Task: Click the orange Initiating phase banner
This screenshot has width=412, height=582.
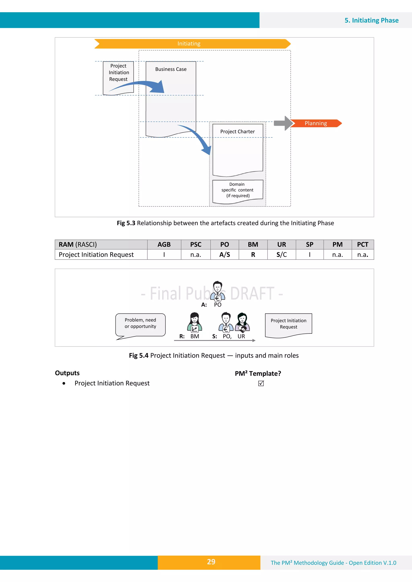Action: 189,44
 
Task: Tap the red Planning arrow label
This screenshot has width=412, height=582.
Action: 316,123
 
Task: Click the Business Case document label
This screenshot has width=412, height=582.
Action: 171,69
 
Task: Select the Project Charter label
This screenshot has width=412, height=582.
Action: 237,132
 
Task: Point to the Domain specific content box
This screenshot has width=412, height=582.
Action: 237,190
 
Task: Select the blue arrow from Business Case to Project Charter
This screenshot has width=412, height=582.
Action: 198,137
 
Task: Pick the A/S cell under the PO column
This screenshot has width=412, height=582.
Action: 225,255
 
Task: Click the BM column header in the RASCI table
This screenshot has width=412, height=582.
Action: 253,245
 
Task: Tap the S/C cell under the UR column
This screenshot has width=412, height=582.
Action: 281,255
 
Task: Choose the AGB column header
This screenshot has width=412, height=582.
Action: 164,245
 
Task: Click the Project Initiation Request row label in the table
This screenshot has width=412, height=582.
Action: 96,255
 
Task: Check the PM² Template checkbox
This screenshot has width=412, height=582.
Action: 261,383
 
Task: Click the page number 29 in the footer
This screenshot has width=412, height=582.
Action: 211,562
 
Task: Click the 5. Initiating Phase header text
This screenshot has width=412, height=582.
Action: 371,20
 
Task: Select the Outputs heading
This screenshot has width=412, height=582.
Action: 67,373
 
